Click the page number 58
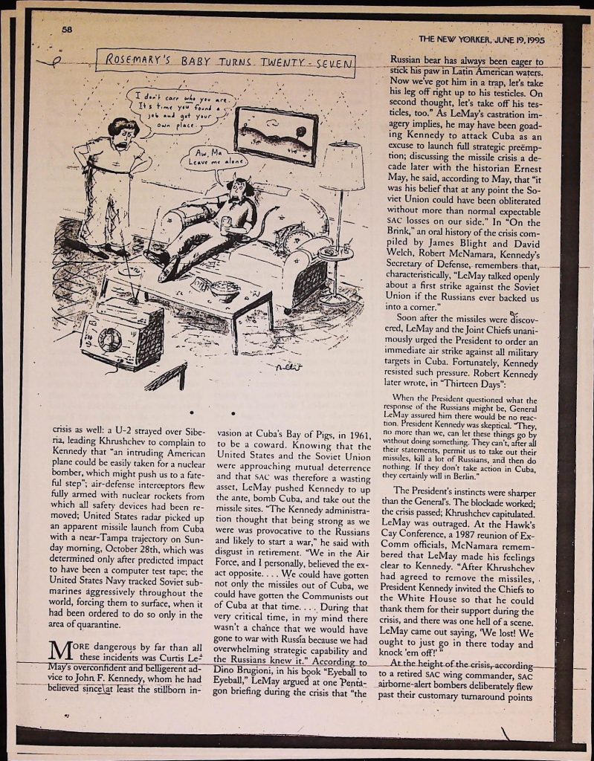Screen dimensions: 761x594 (x=66, y=30)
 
